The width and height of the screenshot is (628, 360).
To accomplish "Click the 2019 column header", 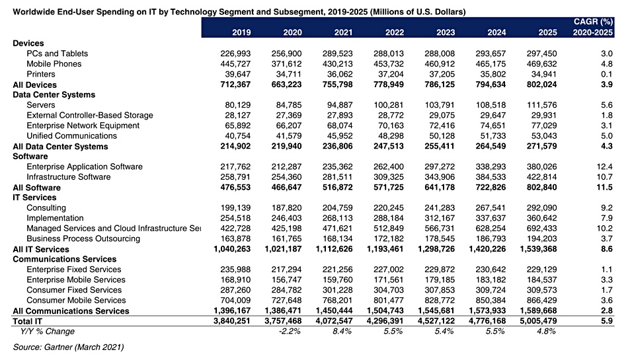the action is (x=241, y=32).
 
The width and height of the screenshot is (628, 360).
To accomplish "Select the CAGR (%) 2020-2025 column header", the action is (x=593, y=27).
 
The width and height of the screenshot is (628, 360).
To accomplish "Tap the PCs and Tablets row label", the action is (x=58, y=54).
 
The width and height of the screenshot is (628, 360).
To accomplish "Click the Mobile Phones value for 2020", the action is (x=286, y=64).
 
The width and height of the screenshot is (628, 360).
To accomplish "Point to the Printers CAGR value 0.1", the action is (x=607, y=75).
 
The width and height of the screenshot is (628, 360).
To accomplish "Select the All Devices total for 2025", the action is (x=541, y=85).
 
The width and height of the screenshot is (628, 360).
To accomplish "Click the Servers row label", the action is (x=41, y=105).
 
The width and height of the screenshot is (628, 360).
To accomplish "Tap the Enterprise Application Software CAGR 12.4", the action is (x=604, y=167).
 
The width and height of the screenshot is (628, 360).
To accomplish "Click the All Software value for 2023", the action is (x=440, y=188).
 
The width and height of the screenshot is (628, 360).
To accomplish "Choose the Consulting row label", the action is (x=46, y=208).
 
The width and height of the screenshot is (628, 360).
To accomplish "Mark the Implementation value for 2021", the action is (x=338, y=219).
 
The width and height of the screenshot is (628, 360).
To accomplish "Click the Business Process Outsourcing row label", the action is (x=83, y=239).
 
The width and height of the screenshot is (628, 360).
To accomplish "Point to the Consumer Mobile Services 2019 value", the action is (x=235, y=301).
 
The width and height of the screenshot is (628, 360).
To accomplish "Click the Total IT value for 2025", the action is (x=538, y=321).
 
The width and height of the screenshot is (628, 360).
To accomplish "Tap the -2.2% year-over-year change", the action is (x=290, y=332).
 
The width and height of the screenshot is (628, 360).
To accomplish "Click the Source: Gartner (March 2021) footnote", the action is (x=69, y=347).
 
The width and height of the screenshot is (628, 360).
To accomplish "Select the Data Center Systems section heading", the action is (x=54, y=95).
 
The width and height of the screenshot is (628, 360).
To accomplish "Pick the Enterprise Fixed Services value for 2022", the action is (x=389, y=270).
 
